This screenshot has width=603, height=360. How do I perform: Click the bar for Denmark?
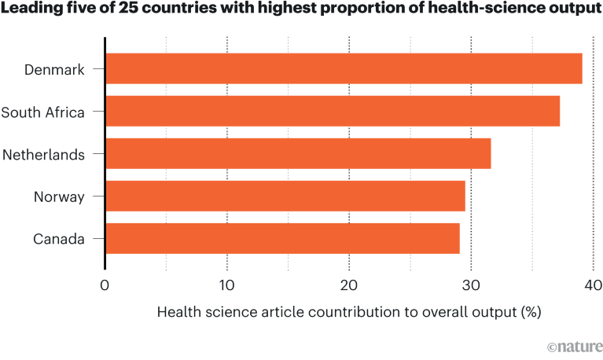tap(344, 69)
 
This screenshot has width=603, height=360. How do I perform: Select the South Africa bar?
tap(333, 112)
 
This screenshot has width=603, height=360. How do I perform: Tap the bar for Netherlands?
tap(298, 154)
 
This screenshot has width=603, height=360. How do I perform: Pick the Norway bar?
tap(285, 197)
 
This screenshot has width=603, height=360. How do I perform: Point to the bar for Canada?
tap(282, 239)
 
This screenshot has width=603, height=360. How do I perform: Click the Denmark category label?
tap(54, 70)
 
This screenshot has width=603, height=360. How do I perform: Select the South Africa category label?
tap(42, 112)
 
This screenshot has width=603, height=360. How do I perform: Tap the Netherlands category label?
tap(44, 155)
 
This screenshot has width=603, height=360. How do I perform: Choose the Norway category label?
tap(59, 197)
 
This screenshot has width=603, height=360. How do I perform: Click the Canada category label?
tap(58, 240)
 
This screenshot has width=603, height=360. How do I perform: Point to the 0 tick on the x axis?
tap(105, 285)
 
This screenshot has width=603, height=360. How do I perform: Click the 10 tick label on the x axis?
tap(226, 285)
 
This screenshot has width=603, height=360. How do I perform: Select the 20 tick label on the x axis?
tap(348, 285)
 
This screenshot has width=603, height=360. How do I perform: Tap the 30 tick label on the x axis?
tap(471, 285)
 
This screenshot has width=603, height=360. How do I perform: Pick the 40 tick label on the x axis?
tap(593, 285)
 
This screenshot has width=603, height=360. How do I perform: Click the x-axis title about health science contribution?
tap(349, 312)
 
